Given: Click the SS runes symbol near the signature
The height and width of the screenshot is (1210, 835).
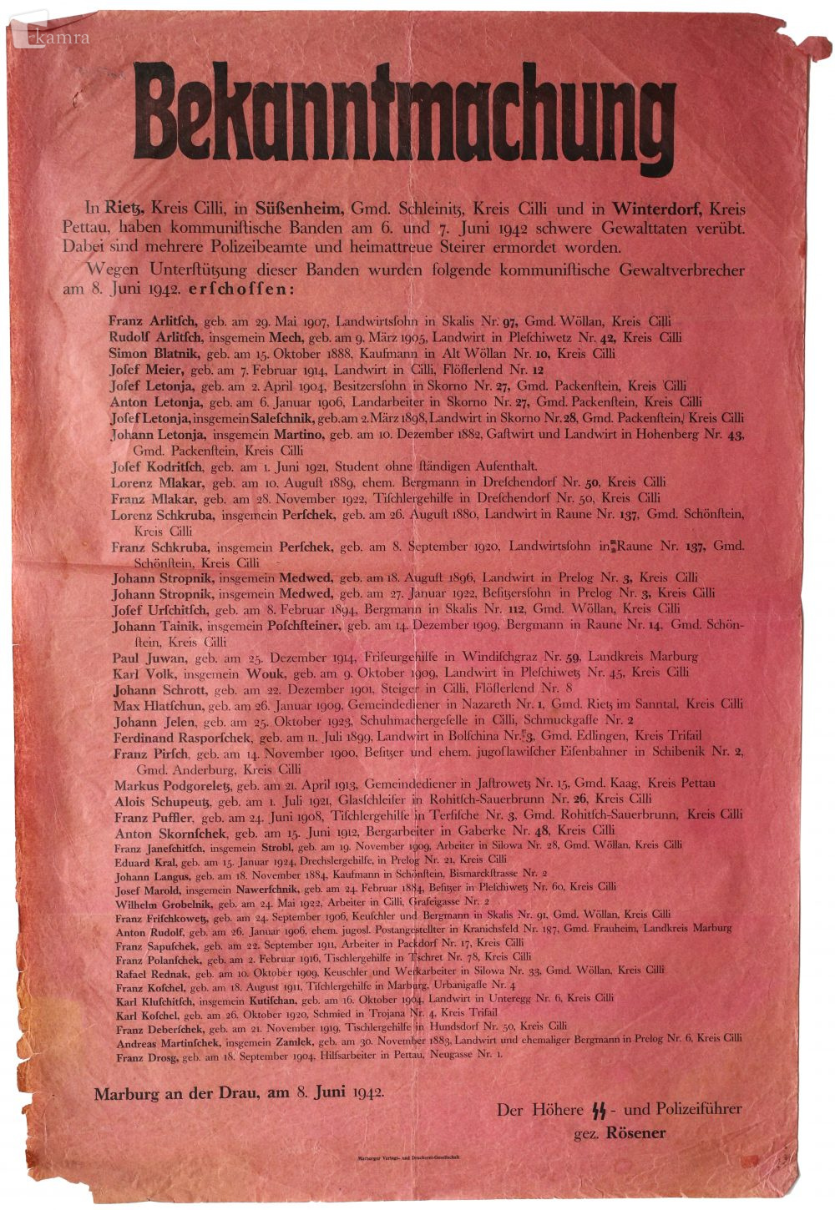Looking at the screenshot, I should (598, 1110).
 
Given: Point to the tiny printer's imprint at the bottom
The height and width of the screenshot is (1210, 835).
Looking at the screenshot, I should (403, 1159).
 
